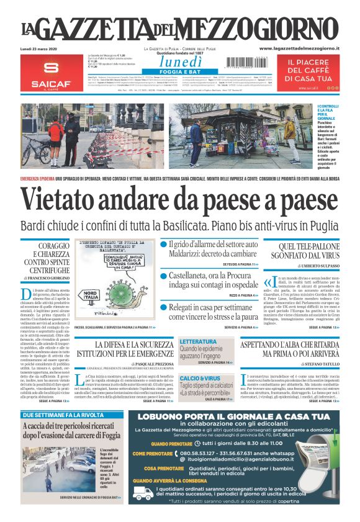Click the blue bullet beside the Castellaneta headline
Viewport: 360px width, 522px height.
[164, 276]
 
